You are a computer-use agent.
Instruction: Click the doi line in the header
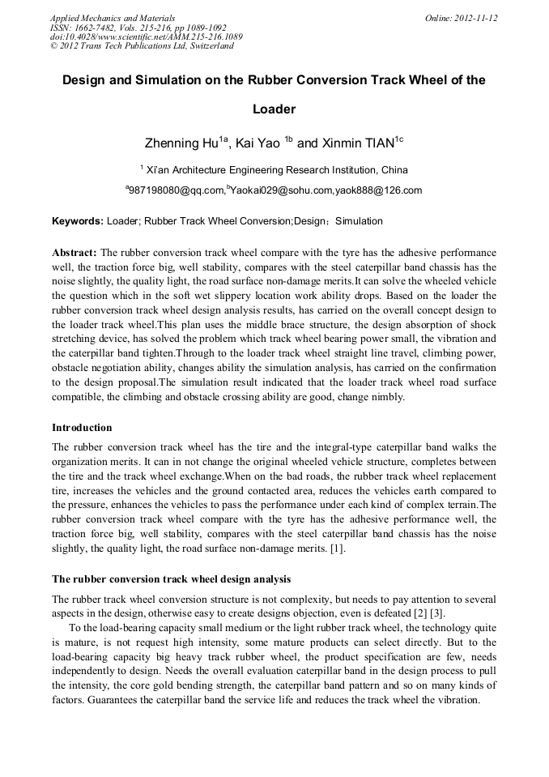[x=146, y=36]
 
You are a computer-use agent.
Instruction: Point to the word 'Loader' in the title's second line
[x=274, y=109]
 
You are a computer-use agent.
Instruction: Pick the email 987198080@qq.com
[x=175, y=190]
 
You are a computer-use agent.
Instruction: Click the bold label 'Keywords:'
[x=78, y=221]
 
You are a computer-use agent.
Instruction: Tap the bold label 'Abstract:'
[x=74, y=253]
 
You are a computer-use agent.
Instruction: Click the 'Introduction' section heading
[x=82, y=428]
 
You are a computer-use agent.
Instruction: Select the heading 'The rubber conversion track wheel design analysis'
[x=171, y=579]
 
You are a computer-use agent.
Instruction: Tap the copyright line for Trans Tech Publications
[x=142, y=46]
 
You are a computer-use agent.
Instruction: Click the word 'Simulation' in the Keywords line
[x=359, y=221]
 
